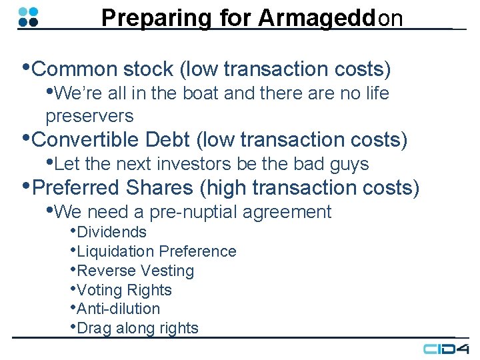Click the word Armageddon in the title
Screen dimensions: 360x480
point(331,18)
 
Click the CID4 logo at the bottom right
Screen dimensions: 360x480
point(446,349)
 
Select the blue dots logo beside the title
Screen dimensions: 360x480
point(29,17)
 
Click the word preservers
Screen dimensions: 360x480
point(89,116)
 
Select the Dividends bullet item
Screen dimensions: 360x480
point(111,232)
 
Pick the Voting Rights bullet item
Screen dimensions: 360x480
point(124,290)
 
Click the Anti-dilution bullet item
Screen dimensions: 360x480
point(119,309)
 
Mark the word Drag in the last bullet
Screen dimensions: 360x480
point(94,328)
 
